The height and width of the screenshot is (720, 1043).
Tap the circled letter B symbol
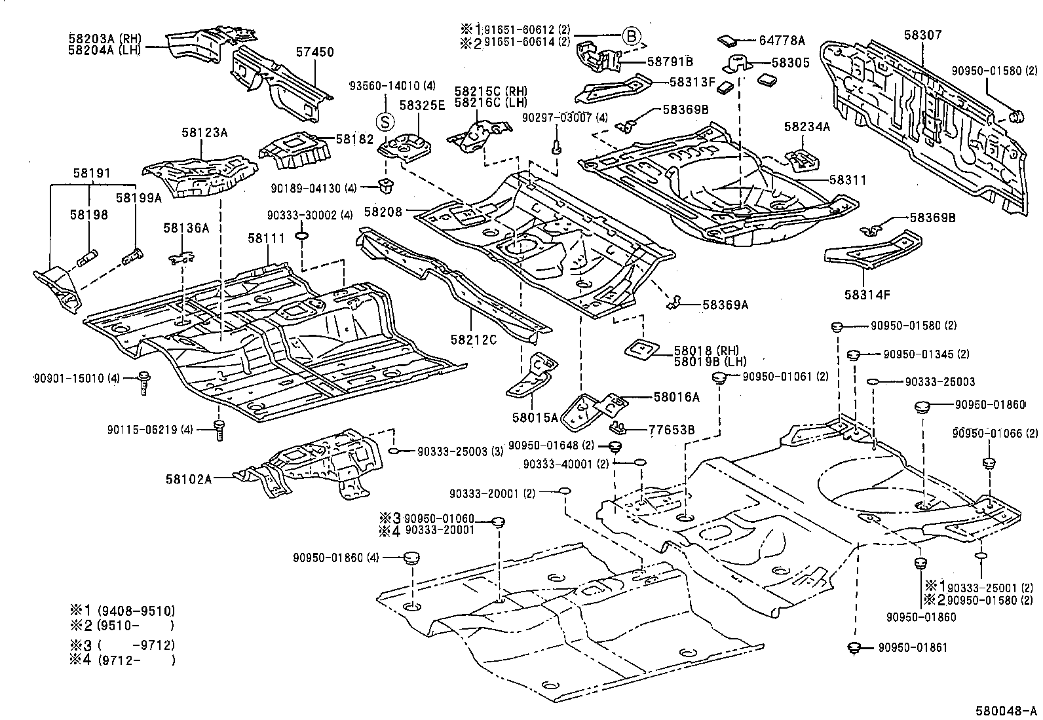tap(630, 37)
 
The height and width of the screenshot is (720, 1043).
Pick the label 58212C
tap(474, 339)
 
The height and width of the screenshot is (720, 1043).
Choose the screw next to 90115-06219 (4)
tap(219, 430)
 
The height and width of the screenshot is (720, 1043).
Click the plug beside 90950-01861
tap(854, 648)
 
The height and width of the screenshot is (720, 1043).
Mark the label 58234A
tap(806, 127)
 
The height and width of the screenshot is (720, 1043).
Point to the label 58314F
tap(867, 295)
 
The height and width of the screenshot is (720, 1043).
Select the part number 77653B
tap(671, 430)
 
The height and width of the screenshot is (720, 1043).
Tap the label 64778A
tap(782, 41)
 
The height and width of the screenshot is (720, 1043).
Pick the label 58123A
tap(204, 133)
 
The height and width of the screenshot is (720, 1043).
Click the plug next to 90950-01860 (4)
tap(412, 558)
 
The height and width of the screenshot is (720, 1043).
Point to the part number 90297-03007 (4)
tap(565, 118)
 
